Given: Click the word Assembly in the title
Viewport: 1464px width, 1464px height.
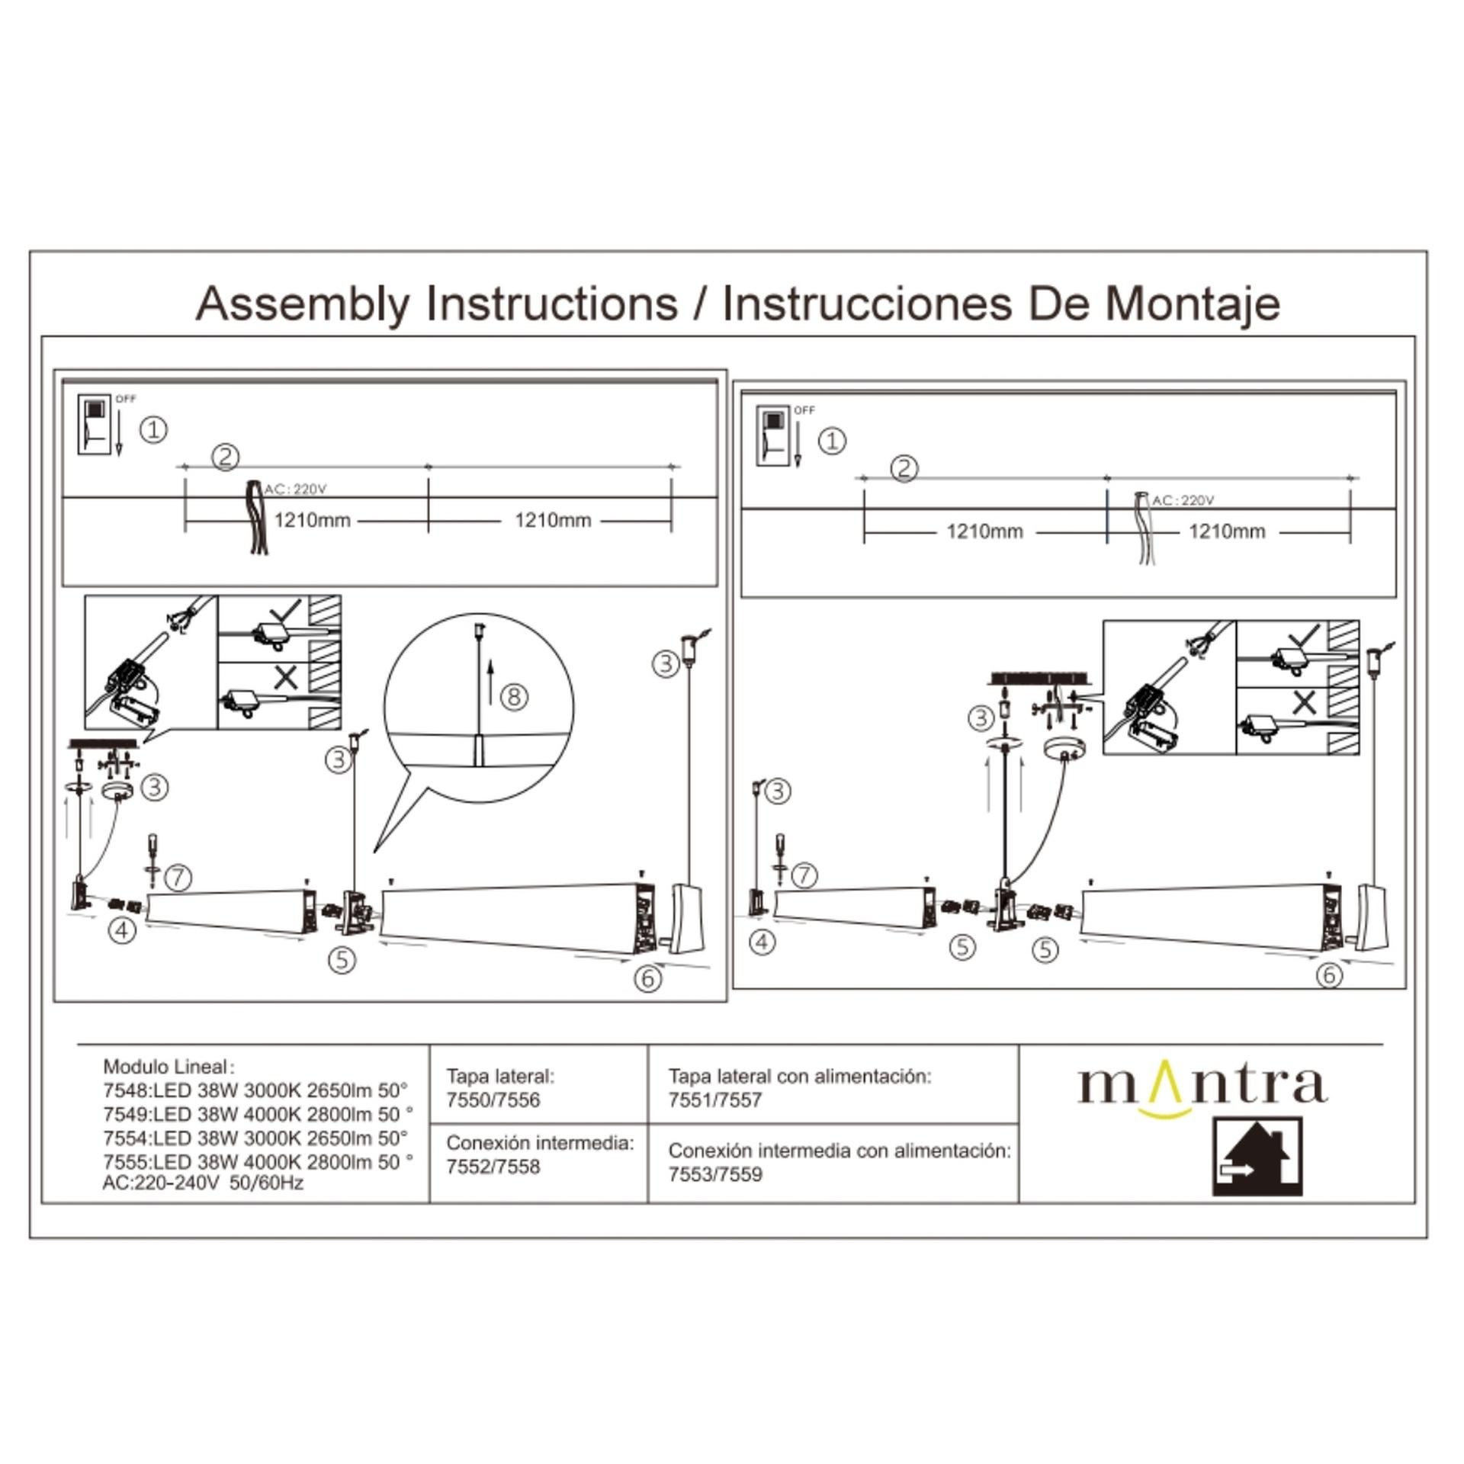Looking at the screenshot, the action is [303, 304].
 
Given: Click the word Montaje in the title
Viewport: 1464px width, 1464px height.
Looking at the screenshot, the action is [1193, 304].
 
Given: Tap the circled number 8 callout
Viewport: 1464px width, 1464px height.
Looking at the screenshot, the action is [515, 696].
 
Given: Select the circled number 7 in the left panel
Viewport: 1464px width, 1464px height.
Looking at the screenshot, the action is [178, 877].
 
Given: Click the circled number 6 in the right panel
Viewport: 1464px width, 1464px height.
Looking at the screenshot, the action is [1330, 974].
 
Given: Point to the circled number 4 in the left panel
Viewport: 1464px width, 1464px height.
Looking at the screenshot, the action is [122, 929].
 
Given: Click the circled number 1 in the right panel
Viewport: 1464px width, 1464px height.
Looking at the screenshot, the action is [832, 441].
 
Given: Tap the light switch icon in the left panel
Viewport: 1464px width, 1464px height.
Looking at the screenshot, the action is [94, 425].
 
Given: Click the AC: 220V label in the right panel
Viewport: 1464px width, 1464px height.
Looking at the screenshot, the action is [1183, 500].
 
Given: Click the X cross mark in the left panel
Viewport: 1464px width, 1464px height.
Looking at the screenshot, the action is [286, 677].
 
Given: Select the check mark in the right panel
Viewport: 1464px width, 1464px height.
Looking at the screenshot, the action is [1303, 638].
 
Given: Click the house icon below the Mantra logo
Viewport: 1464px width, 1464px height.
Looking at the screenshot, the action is [1257, 1156].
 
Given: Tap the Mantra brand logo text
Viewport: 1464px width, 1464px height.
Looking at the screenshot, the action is [1202, 1086].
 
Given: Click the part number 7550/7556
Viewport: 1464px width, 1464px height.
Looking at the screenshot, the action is [493, 1100].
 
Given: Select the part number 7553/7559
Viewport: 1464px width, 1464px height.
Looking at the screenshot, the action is [715, 1174].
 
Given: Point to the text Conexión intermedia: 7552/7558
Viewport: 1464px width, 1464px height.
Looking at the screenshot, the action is [541, 1154].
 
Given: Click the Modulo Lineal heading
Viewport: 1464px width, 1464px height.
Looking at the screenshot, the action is [169, 1067].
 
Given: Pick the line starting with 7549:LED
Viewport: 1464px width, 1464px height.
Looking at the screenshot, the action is [258, 1114].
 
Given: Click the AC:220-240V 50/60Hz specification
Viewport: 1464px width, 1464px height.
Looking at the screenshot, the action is [203, 1183].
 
